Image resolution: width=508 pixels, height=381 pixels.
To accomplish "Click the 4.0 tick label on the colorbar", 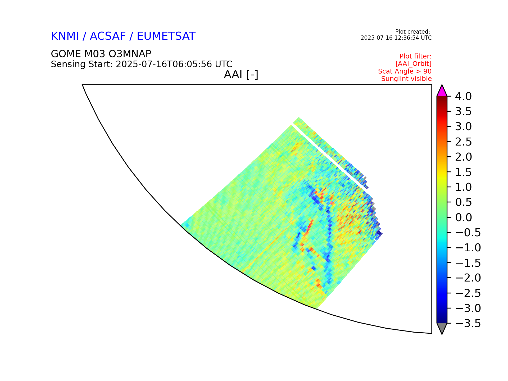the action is tap(463, 96).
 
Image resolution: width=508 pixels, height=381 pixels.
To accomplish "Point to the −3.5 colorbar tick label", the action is tap(468, 323).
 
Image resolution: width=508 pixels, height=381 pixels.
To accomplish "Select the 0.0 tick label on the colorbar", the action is tap(463, 217).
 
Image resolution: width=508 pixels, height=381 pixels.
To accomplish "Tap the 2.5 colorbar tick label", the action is tap(463, 142).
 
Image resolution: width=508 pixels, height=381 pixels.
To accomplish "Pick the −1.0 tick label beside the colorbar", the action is tap(468, 248).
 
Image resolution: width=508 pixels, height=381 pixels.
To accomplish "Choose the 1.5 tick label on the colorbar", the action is tap(463, 172).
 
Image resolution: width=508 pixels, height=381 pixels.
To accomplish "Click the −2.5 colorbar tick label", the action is tap(468, 293).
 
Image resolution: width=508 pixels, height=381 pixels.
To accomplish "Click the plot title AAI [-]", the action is tap(241, 75).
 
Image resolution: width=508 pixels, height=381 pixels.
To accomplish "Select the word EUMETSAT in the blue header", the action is tap(166, 36).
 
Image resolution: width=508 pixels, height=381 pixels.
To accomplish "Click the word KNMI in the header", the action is tap(65, 36).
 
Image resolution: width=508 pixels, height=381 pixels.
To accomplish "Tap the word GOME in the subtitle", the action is tap(66, 54).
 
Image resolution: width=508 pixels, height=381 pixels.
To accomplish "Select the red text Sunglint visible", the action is tap(406, 79).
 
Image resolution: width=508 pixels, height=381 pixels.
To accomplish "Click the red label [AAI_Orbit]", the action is tap(414, 64).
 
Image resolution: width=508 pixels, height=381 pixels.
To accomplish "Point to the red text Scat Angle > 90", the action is tap(405, 71).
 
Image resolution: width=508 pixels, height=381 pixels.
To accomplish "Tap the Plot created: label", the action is tap(412, 32).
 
